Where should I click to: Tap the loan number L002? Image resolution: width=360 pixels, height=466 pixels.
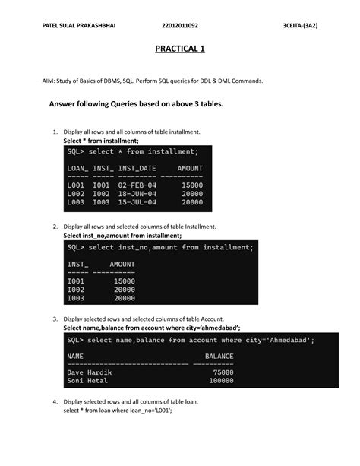(x=77, y=194)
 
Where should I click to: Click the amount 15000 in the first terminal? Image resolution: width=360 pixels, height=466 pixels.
(x=192, y=185)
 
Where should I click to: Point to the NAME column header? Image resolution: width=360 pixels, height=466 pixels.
(x=75, y=356)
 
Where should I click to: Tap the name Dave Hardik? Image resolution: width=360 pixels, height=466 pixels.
(x=90, y=372)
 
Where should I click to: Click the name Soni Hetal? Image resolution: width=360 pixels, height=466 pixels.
(x=87, y=381)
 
